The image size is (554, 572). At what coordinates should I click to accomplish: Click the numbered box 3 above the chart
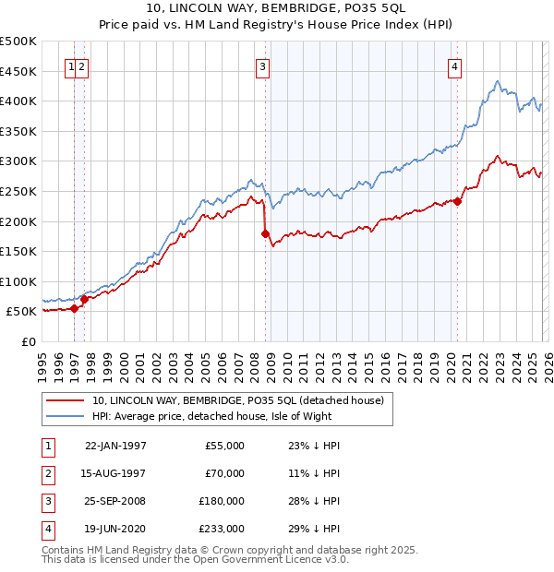pos(263,66)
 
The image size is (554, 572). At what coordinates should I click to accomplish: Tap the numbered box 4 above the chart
pos(455,66)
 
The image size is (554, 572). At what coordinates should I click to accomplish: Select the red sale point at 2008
pos(265,233)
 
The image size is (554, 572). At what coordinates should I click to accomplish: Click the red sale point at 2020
pos(457,202)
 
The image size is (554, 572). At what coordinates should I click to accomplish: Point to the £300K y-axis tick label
pos(18,161)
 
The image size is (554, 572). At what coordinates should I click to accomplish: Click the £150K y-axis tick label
pos(18,251)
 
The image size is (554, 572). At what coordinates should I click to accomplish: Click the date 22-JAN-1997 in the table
pos(115,446)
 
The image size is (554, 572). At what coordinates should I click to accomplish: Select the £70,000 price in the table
pos(224,473)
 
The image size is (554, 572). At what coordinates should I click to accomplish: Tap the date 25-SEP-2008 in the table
pos(115,501)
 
